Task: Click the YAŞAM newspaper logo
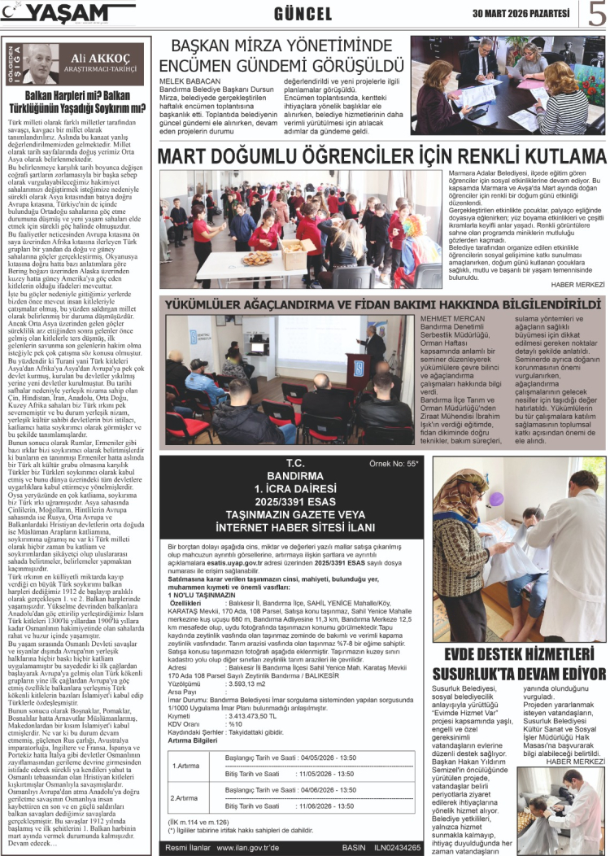pos(68,13)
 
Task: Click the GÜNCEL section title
pos(303,14)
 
